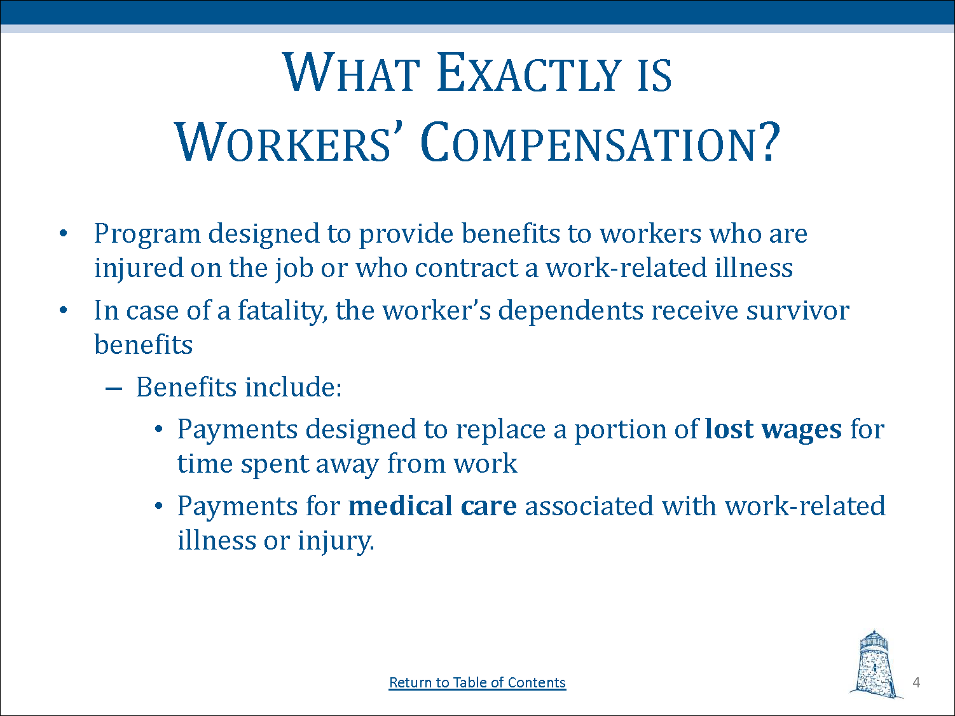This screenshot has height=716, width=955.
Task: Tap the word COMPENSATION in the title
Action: (x=600, y=142)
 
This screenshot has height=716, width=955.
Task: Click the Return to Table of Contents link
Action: (x=477, y=682)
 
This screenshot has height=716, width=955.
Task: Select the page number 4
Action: (x=916, y=682)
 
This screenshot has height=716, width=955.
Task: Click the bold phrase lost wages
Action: (x=773, y=429)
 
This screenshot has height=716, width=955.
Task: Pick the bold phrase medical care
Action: (x=432, y=506)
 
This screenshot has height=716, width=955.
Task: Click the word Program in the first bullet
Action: (x=147, y=234)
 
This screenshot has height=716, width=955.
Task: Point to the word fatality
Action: (x=282, y=311)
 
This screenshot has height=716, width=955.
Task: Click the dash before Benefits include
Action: (x=113, y=388)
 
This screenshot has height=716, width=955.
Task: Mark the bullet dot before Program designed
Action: (x=62, y=234)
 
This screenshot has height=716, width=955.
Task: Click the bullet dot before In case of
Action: (x=62, y=311)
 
